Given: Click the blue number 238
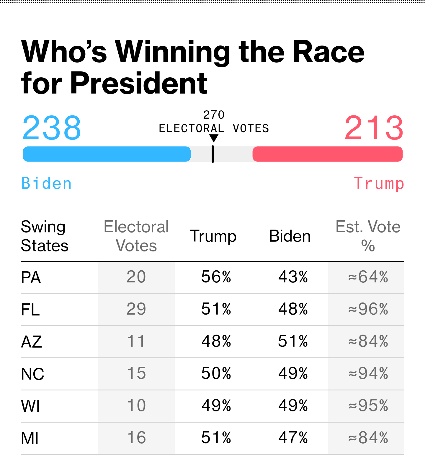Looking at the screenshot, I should coord(52,128).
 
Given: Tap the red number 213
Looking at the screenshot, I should coord(374,128).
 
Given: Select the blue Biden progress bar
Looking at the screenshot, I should coord(107,154).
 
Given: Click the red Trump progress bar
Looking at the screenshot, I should coord(328,154).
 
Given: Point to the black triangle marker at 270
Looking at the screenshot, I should coord(213,138).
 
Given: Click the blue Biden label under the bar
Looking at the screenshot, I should coord(47,183).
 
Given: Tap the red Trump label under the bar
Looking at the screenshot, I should coord(379,183).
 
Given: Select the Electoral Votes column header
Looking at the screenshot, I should coord(136,236).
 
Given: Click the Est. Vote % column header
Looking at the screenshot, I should coord(368,236).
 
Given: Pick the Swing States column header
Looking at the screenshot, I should coord(44,236).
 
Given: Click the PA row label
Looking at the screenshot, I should coord(31,278).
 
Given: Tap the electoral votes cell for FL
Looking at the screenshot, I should coord(136,309).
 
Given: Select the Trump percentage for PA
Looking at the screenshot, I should coord(216,277).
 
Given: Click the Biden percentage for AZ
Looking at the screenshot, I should coord(293,341).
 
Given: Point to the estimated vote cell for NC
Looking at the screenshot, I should coord(368,374).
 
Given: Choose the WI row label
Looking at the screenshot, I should coord(30,406).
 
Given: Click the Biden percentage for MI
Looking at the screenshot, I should coord(293,438).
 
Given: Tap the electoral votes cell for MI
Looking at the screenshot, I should coord(136,438).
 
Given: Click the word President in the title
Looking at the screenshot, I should coord(139,83).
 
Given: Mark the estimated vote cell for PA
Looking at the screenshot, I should coord(368,277).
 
